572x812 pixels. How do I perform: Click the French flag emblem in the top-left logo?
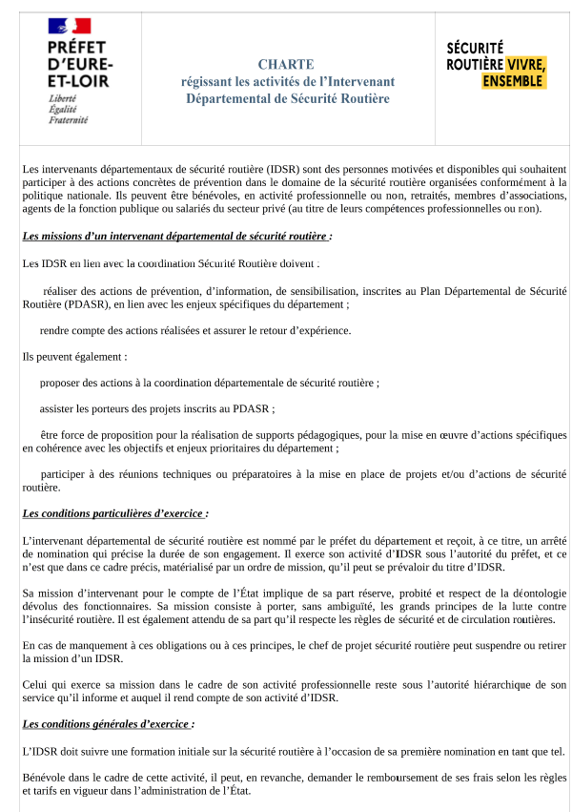(x=69, y=26)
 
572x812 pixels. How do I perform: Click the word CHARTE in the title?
(x=285, y=64)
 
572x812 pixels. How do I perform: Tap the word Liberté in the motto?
(x=63, y=98)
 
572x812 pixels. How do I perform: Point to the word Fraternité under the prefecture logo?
(x=68, y=120)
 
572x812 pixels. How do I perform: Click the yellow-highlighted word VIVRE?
(x=525, y=65)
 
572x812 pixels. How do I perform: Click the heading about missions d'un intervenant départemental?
(x=176, y=236)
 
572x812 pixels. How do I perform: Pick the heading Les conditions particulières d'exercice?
(x=114, y=513)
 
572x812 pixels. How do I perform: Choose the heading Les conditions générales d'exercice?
(x=108, y=724)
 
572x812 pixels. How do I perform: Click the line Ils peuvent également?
(x=74, y=357)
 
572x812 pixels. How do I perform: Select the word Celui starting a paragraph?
(x=34, y=685)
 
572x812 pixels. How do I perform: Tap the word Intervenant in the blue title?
(x=361, y=81)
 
